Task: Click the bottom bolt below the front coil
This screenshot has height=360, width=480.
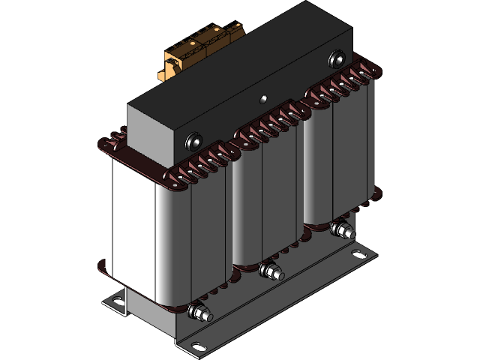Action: click(x=201, y=313)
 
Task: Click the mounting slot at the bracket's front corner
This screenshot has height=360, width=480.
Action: click(x=198, y=346)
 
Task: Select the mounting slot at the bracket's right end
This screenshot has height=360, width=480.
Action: click(x=360, y=256)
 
